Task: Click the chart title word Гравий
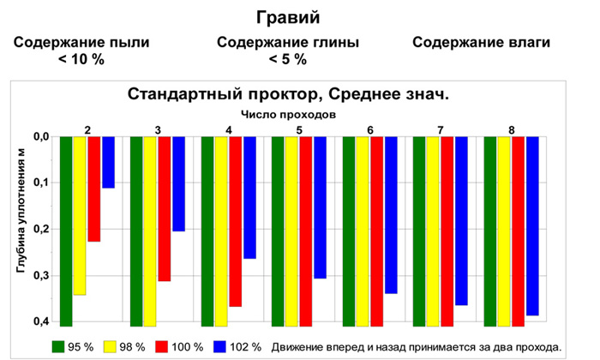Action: [x=288, y=18]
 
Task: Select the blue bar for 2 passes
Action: [x=108, y=162]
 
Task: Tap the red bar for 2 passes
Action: [x=94, y=189]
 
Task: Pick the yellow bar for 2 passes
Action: [x=80, y=216]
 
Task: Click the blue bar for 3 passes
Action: [x=178, y=183]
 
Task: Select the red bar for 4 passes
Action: [x=236, y=221]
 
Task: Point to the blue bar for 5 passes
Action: [x=321, y=207]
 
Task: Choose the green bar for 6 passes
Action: [x=349, y=231]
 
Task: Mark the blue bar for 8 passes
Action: [x=532, y=226]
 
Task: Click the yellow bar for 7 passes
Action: [x=433, y=231]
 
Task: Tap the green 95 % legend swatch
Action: [x=58, y=346]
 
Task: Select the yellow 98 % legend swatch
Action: [x=110, y=346]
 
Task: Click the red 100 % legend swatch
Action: [x=162, y=346]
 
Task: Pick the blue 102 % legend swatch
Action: [x=219, y=346]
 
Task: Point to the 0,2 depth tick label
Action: [x=42, y=229]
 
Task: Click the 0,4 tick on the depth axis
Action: [x=42, y=321]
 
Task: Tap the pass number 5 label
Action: [x=299, y=130]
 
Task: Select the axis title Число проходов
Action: [x=289, y=114]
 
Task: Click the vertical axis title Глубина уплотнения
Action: [x=21, y=211]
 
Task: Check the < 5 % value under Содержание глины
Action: [x=288, y=59]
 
